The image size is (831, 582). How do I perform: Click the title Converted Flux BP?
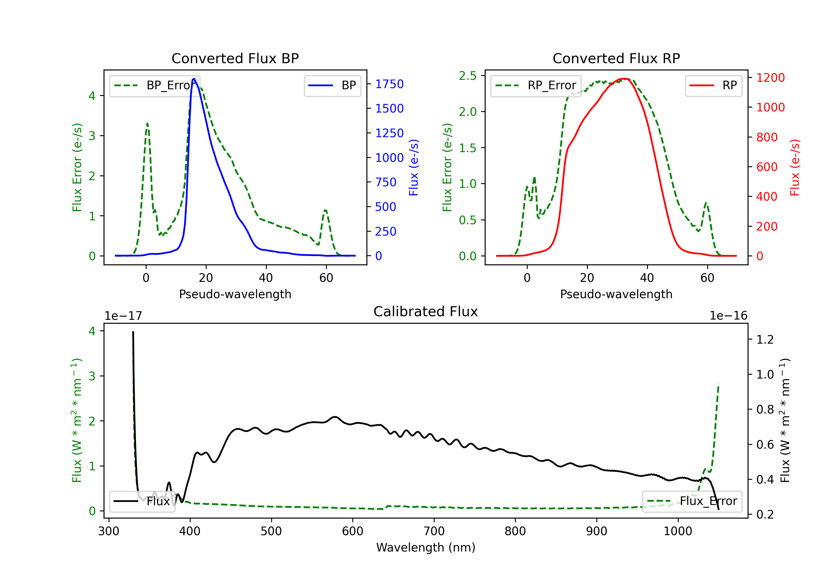click(x=235, y=58)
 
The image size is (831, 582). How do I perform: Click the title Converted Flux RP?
click(x=616, y=58)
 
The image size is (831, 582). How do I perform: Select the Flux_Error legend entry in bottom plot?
click(x=692, y=501)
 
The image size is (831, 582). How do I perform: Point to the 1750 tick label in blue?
click(x=389, y=84)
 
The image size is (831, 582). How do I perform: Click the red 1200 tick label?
click(x=771, y=78)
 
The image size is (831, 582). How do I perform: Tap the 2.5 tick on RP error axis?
click(x=468, y=76)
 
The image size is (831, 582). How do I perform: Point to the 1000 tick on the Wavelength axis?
click(x=678, y=531)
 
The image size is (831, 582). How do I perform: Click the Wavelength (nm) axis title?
click(x=426, y=548)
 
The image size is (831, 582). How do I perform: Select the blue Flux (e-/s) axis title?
click(x=414, y=168)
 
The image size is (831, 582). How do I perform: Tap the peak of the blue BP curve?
click(x=194, y=79)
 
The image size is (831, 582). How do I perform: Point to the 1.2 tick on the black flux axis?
click(x=765, y=340)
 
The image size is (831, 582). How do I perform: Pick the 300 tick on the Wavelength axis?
click(x=109, y=531)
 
